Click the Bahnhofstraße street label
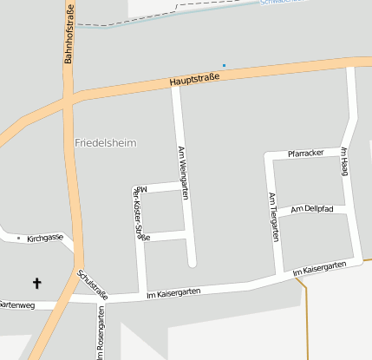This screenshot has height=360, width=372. [x=69, y=33]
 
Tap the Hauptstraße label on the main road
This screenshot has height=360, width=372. [x=194, y=79]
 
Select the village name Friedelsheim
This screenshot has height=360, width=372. [x=106, y=142]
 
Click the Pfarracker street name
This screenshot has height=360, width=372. [x=304, y=153]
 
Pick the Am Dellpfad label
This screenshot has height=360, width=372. [x=311, y=209]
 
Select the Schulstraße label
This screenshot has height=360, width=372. [x=93, y=285]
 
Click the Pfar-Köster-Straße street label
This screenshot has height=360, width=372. [x=139, y=213]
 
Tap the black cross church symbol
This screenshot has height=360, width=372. [x=36, y=283]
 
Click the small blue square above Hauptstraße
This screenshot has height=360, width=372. [x=224, y=65]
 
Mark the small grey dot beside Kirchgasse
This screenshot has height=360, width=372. [x=18, y=237]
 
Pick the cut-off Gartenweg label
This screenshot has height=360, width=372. [x=16, y=304]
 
